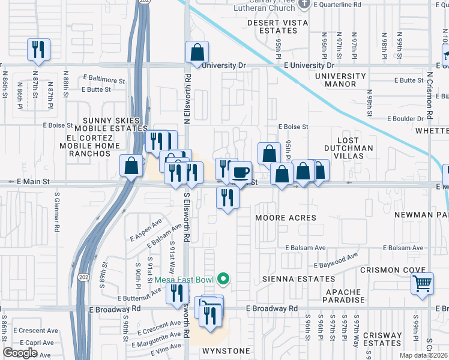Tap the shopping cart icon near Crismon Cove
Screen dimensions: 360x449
(x=422, y=283)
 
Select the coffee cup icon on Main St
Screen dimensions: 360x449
(x=241, y=173)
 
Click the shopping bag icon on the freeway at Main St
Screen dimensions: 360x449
(x=131, y=166)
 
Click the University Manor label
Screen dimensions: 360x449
(x=340, y=80)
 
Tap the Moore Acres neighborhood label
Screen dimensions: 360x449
(x=285, y=218)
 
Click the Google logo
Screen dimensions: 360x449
(x=20, y=353)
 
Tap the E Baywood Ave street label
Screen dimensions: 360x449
(x=336, y=261)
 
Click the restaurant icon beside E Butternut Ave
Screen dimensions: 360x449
(x=176, y=293)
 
